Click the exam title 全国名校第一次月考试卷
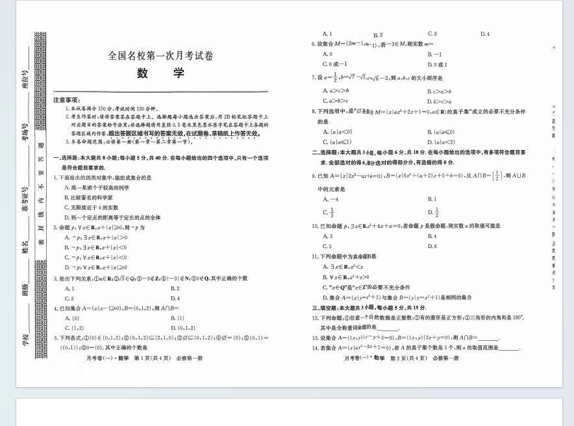pyautogui.click(x=160, y=56)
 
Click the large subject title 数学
pyautogui.click(x=160, y=73)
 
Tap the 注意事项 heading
pyautogui.click(x=66, y=100)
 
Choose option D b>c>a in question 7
pyautogui.click(x=440, y=101)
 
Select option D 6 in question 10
pyautogui.click(x=432, y=246)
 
